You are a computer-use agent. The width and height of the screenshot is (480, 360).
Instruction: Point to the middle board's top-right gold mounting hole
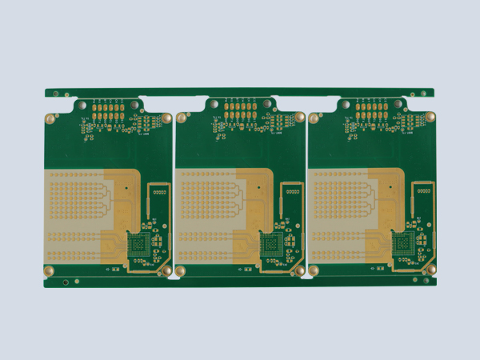tap(300, 118)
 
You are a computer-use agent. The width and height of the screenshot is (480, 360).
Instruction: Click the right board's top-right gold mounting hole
tap(431, 118)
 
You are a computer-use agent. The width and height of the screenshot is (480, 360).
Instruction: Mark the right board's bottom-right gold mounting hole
tap(432, 271)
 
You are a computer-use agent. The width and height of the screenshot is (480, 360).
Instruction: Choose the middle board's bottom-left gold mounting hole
tap(181, 271)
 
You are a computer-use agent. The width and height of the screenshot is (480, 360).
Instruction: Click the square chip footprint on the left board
tap(139, 245)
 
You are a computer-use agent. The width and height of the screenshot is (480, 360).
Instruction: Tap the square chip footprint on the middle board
tap(271, 245)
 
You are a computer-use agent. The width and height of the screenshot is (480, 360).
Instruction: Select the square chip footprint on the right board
tap(403, 245)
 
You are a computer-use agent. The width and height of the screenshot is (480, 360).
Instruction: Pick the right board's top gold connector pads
tap(372, 110)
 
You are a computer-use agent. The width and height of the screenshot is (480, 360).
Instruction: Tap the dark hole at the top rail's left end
tap(55, 94)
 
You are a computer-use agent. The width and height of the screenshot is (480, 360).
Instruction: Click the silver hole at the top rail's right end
tap(423, 94)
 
